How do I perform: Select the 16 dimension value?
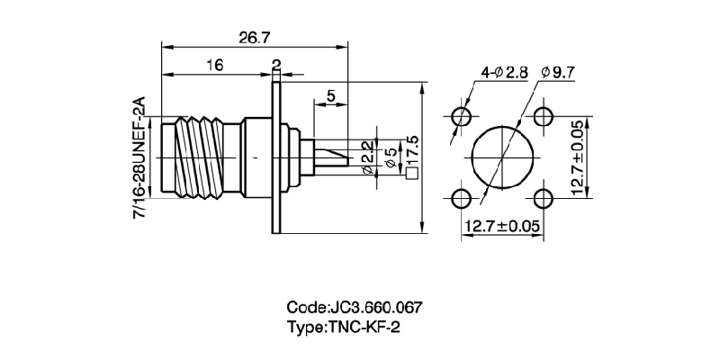tap(213, 65)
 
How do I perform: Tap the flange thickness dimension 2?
tap(276, 65)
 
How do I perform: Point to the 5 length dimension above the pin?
tap(331, 95)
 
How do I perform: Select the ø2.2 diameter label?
tap(367, 157)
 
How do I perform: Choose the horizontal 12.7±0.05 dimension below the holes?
tap(502, 226)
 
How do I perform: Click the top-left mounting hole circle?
tap(462, 116)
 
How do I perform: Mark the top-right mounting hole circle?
tap(543, 116)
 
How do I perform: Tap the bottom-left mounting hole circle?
tap(462, 198)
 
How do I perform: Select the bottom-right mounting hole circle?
tap(543, 198)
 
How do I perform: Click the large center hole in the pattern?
tap(502, 157)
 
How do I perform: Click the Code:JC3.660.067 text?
tap(354, 307)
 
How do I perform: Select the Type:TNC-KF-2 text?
tap(343, 327)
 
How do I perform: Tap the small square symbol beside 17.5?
tap(413, 174)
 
